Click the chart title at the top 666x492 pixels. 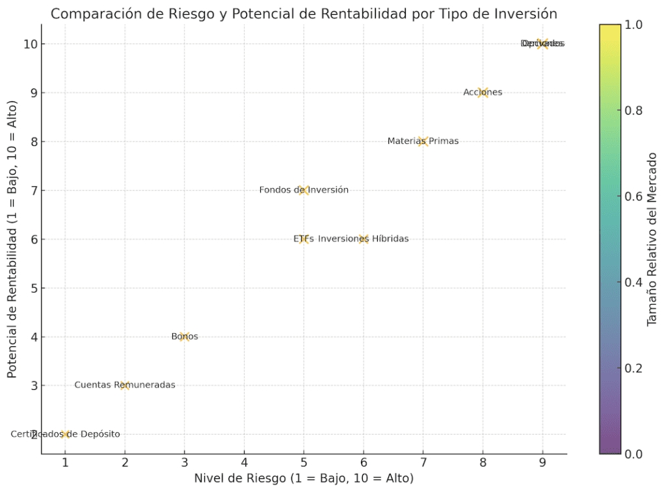point(304,14)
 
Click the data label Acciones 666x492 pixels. point(483,92)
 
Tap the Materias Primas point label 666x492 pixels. point(423,141)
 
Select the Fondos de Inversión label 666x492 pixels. point(304,190)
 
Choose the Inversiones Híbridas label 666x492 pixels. point(364,239)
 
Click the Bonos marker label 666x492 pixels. point(185,336)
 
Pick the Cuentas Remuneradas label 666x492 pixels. point(125,385)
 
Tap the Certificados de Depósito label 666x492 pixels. point(65,434)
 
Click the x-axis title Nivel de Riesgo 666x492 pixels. point(304,478)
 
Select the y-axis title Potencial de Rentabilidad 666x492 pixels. point(12,239)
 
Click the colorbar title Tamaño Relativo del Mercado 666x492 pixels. point(652,239)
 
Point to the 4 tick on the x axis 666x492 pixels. point(244,462)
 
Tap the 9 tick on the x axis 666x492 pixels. point(542,462)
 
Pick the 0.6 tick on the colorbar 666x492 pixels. point(634,197)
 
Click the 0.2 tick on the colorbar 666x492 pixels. point(634,368)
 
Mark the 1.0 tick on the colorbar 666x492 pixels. point(634,25)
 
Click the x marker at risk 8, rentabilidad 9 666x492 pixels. point(483,92)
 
